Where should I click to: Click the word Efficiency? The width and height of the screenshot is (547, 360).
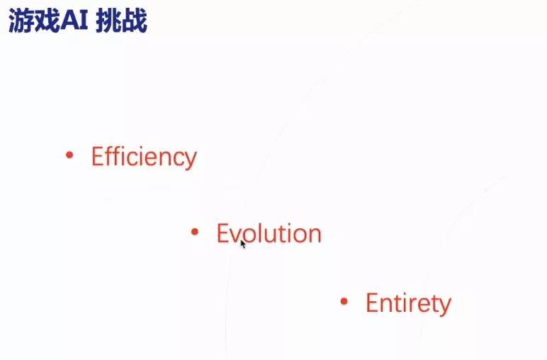point(144,157)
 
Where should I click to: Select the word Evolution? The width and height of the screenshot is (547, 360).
point(269,233)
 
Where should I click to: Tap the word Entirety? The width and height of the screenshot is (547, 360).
point(408,303)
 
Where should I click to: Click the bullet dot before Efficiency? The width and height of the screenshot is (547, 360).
point(69,154)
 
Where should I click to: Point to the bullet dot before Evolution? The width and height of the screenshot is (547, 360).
point(195,231)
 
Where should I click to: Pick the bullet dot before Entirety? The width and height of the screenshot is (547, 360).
point(344,301)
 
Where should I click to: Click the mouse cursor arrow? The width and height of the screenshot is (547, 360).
point(243,244)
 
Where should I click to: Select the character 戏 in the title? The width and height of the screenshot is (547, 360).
point(47,21)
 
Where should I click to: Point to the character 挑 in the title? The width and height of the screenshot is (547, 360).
point(108,21)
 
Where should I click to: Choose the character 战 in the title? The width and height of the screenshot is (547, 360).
point(135,21)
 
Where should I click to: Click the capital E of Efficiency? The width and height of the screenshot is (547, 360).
point(97,156)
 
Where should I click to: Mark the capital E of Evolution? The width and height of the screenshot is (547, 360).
point(222,232)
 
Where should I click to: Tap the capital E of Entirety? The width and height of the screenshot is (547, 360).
point(371,303)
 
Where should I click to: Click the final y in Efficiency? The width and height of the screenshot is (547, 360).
point(190,160)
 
